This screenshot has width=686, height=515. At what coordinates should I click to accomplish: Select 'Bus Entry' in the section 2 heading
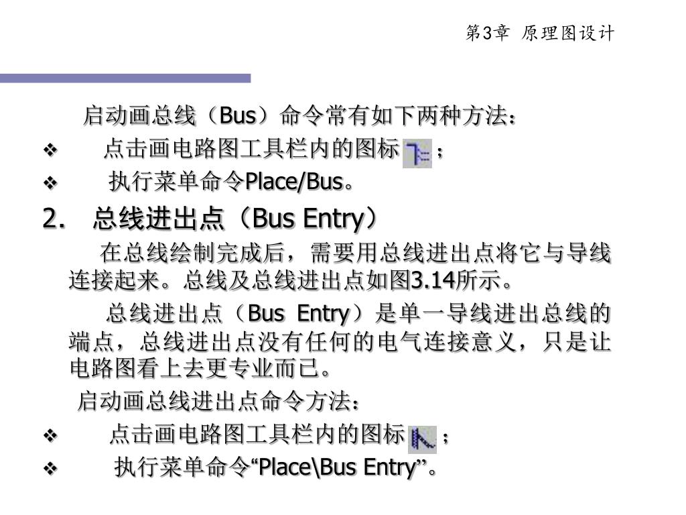point(307,218)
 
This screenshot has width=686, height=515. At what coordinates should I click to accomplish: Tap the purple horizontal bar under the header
point(125,78)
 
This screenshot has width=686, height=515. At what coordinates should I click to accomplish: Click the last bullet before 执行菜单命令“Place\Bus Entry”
point(52,468)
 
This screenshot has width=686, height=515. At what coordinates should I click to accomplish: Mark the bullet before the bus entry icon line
point(52,437)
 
